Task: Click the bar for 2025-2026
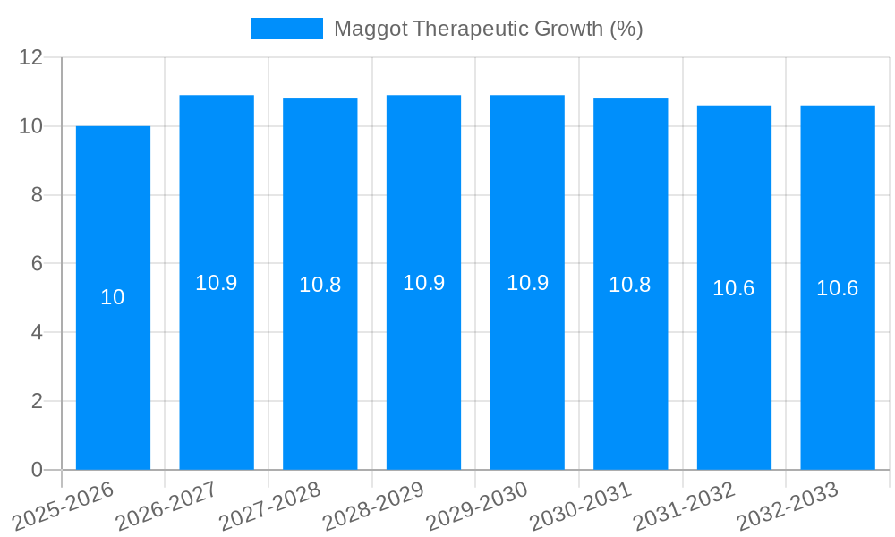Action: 113,376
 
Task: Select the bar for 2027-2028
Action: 320,376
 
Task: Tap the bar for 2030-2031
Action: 630,376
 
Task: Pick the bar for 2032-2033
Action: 838,376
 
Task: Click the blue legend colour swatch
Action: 286,29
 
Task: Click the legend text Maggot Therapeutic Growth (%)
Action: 488,29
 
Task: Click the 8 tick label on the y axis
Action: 37,195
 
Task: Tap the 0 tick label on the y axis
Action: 37,470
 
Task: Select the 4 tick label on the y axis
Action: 37,333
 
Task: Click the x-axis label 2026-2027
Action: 166,507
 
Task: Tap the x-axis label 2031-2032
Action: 684,507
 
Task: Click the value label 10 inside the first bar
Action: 113,297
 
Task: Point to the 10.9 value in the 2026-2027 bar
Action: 217,283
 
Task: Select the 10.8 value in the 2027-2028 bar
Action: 320,285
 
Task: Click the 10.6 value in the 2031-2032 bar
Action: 734,288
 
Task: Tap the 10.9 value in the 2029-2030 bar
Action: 527,283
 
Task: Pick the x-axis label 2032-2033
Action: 787,507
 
